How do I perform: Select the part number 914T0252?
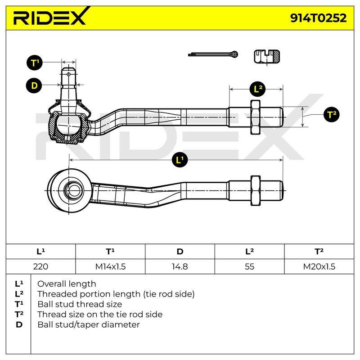(318, 18)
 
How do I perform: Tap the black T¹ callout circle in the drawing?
(35, 63)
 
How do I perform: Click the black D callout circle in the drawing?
(34, 85)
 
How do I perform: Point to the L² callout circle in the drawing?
(258, 89)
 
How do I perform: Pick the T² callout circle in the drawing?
(332, 114)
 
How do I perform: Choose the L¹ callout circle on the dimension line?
(180, 160)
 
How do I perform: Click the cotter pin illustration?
(213, 54)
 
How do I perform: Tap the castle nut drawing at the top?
(267, 57)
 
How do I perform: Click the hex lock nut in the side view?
(255, 117)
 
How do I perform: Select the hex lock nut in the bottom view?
(255, 190)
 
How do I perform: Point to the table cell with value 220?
(40, 266)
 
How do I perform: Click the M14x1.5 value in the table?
(110, 266)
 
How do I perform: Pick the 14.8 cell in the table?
(180, 266)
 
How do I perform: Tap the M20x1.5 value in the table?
(319, 266)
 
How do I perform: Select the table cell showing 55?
(250, 266)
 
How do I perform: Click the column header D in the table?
(180, 252)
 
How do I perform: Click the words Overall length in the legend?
(67, 284)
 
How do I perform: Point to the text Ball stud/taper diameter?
(89, 324)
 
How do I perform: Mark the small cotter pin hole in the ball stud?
(68, 74)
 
